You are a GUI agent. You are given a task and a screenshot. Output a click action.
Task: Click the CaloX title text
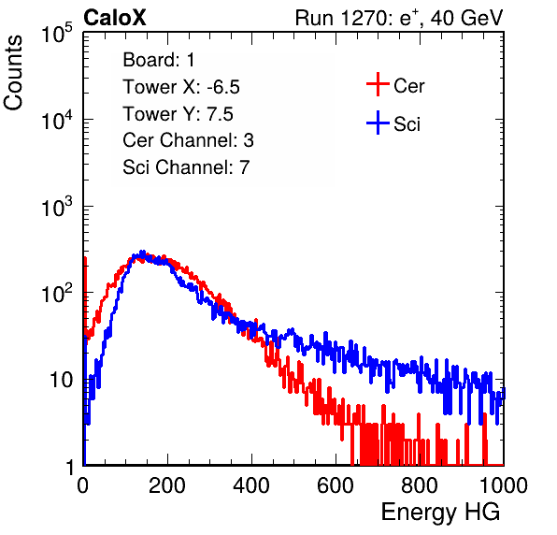114,18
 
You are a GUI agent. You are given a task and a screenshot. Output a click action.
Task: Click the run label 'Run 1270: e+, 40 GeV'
399,18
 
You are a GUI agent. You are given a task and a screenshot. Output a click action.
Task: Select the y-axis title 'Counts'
13,73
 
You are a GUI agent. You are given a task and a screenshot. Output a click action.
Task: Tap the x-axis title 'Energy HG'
440,513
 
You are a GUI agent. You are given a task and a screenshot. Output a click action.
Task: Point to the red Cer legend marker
378,84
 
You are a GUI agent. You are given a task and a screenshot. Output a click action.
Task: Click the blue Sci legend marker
378,123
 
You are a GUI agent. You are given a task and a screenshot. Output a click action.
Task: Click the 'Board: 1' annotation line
159,60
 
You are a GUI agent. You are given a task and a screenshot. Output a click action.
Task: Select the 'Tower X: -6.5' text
181,87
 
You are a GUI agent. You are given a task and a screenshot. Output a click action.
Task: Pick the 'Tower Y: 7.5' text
178,114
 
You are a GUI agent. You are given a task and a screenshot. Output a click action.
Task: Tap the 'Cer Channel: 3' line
188,140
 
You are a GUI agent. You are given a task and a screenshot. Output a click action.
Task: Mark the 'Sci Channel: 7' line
186,167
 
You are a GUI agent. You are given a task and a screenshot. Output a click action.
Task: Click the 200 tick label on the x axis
167,485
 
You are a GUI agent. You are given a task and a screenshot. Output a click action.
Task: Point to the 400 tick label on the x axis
251,485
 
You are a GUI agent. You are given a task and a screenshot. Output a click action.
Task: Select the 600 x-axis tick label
336,485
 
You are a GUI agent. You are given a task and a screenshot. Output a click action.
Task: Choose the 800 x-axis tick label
420,485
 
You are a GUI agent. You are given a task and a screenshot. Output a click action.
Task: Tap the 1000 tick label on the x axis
504,485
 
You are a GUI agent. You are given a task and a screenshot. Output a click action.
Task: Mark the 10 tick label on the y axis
61,381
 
